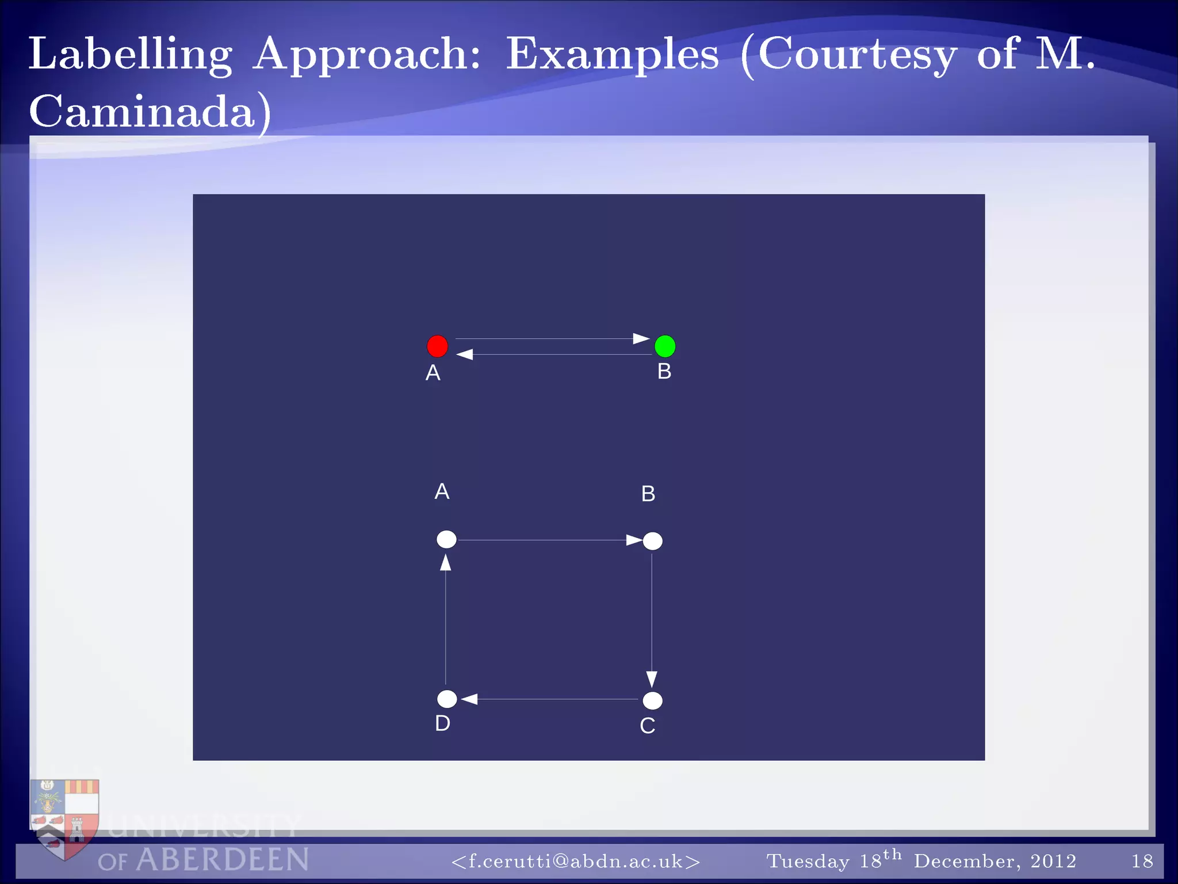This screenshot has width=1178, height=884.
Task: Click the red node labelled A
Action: point(437,346)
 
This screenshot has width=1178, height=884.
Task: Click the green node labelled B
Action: point(665,346)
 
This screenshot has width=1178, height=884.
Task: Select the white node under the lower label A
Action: point(446,539)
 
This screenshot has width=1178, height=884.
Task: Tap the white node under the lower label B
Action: point(652,541)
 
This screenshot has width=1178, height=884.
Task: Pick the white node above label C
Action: point(652,700)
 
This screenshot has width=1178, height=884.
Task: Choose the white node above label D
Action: point(447,699)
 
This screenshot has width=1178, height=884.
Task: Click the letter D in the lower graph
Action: point(442,723)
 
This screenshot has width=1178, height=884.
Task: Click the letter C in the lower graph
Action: point(647,726)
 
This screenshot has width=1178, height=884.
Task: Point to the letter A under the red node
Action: point(433,373)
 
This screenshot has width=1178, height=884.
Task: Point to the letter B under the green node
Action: point(664,371)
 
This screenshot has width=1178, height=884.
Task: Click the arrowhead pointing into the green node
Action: point(641,338)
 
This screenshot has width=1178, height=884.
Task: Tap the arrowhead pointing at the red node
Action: point(465,355)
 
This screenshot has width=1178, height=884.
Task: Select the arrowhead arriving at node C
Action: point(652,679)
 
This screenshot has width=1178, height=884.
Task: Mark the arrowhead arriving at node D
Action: point(469,699)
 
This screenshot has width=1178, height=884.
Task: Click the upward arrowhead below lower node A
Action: point(446,562)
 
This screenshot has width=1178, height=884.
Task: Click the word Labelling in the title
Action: point(131,55)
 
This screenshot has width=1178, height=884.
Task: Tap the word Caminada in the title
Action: point(143,112)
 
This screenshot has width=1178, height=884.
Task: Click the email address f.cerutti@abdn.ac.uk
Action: point(575,861)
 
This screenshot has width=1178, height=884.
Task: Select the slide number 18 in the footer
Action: point(1142,861)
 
